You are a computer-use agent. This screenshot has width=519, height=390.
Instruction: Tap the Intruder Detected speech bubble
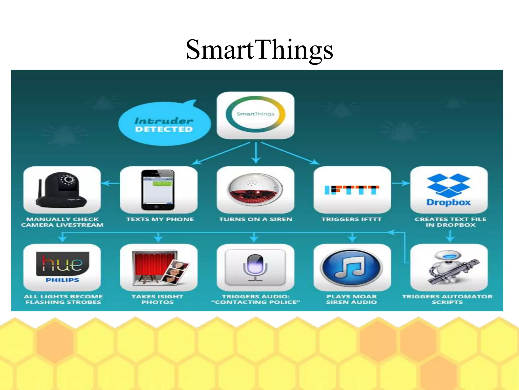[x=164, y=124]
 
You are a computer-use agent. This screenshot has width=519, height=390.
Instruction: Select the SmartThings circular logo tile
[x=255, y=115]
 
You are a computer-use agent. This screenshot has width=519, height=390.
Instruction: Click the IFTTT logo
[x=352, y=190]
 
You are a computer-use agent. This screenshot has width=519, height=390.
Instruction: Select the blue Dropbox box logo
[x=449, y=185]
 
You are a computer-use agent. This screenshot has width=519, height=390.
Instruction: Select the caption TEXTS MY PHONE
[x=160, y=219]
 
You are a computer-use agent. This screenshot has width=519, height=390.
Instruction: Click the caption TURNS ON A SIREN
[x=255, y=219]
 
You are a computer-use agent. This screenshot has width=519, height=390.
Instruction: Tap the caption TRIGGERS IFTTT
[x=351, y=219]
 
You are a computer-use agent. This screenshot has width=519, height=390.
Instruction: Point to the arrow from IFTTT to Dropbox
[x=400, y=183]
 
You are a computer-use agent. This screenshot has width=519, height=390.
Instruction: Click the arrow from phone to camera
[x=110, y=183]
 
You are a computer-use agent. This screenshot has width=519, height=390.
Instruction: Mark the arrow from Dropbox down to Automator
[x=450, y=236]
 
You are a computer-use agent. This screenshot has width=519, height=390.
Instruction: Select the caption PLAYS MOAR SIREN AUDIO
[x=351, y=299]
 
